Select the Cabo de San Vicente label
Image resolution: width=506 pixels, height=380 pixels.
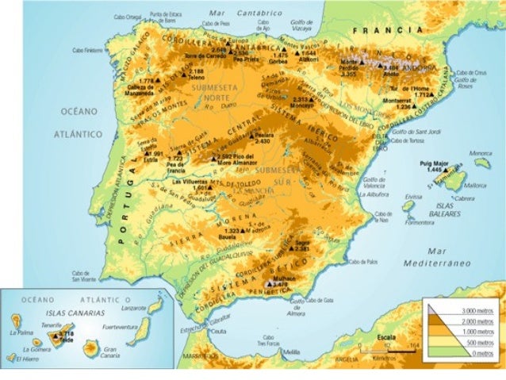83,277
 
